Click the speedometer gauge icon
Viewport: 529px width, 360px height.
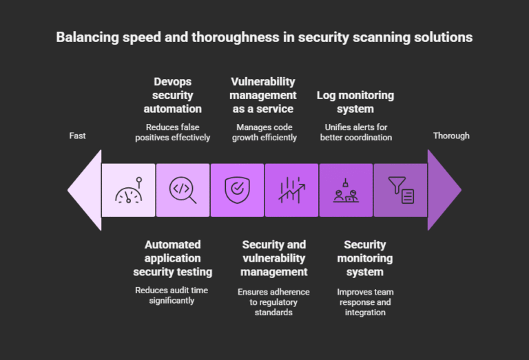point(128,190)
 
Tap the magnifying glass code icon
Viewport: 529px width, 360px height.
point(183,190)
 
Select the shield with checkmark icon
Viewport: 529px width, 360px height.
point(237,190)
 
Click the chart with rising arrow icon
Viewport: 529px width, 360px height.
point(291,190)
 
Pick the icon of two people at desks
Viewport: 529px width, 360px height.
point(346,190)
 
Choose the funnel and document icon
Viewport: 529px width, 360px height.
point(400,190)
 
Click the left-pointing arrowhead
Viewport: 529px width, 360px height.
point(85,190)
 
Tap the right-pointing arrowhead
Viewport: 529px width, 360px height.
point(444,190)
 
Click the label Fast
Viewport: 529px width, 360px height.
point(78,136)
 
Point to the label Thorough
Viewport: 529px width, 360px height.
point(451,136)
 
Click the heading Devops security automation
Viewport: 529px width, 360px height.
point(172,96)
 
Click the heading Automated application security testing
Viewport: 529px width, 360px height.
point(172,258)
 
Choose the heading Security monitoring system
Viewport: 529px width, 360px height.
point(365,258)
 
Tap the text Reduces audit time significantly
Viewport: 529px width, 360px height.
point(172,295)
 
